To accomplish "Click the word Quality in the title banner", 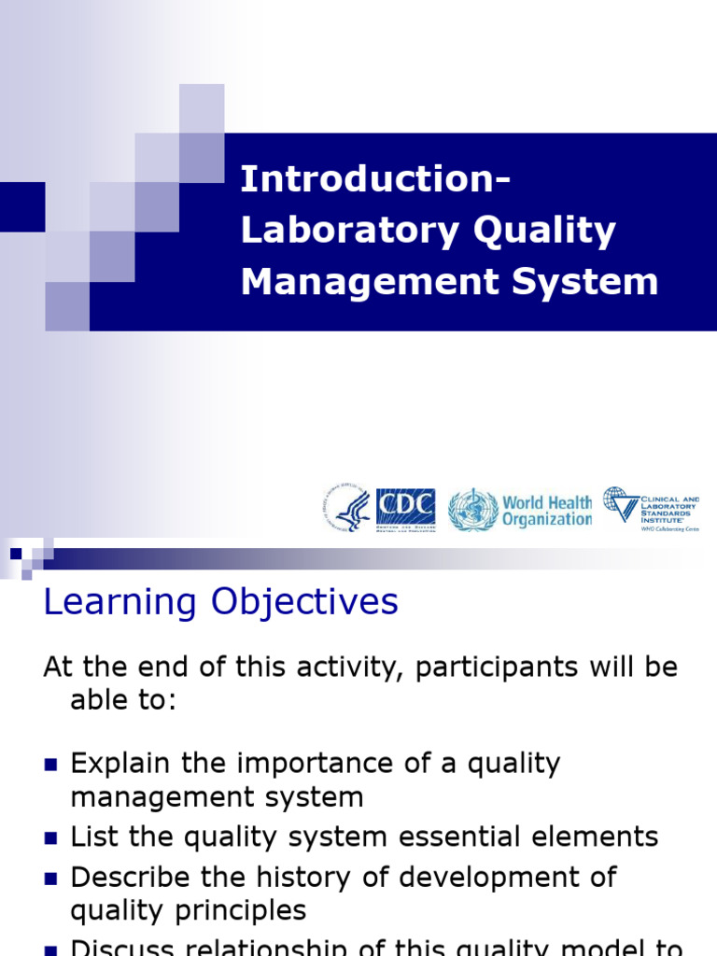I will [x=545, y=231].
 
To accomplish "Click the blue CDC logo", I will [x=405, y=510].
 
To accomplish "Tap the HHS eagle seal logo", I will [x=348, y=510].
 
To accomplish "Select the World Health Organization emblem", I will [x=472, y=510].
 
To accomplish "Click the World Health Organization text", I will [x=547, y=511].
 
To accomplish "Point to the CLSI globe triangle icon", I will [x=620, y=504].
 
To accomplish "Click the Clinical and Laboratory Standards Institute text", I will [x=668, y=510].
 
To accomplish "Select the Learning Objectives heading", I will [x=221, y=602].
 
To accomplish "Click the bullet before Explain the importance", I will [x=51, y=765].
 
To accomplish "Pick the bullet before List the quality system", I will [x=51, y=837].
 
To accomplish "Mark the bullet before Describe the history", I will [x=51, y=879].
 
